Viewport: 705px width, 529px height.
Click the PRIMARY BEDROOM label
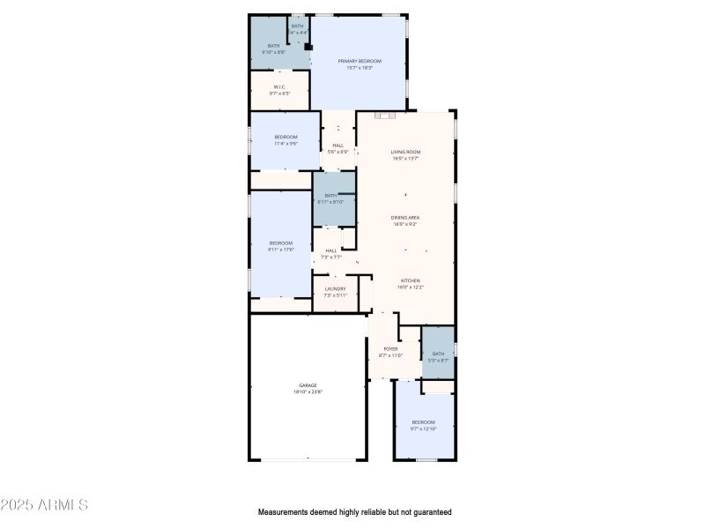pyautogui.click(x=360, y=61)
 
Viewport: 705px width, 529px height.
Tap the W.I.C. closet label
pyautogui.click(x=279, y=86)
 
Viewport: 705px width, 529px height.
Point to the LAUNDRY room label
pyautogui.click(x=335, y=288)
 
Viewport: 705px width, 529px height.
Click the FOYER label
pyautogui.click(x=390, y=348)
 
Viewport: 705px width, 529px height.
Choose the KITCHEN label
pyautogui.click(x=410, y=280)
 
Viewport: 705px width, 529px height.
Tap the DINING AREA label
pyautogui.click(x=405, y=217)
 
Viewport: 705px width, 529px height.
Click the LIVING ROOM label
pyautogui.click(x=404, y=153)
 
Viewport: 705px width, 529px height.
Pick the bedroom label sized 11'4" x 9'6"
pyautogui.click(x=286, y=137)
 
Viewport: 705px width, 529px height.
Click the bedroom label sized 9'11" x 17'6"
pyautogui.click(x=280, y=243)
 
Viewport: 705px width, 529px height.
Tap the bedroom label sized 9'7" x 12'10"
pyautogui.click(x=423, y=422)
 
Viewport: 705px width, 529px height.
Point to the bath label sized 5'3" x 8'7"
pyautogui.click(x=438, y=354)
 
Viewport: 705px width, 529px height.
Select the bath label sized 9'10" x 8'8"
pyautogui.click(x=273, y=46)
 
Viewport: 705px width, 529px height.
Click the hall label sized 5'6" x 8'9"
pyautogui.click(x=338, y=145)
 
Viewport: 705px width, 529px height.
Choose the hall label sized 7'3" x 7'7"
pyautogui.click(x=331, y=250)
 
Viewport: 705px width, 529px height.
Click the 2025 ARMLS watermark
pyautogui.click(x=44, y=505)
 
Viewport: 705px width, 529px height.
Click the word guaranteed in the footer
pyautogui.click(x=430, y=511)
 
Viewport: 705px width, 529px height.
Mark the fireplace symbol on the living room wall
pyautogui.click(x=382, y=115)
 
